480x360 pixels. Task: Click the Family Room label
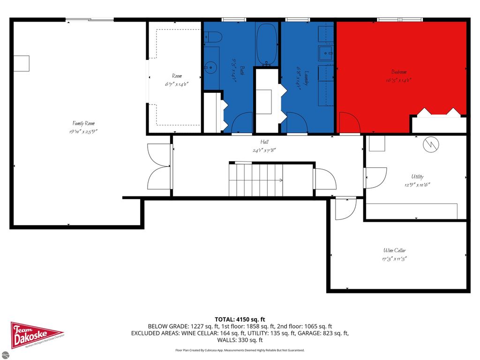[x=80, y=123]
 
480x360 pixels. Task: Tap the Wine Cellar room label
[x=395, y=251]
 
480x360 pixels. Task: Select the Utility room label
[x=417, y=177]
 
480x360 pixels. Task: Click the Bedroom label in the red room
[x=399, y=72]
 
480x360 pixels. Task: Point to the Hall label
[x=265, y=142]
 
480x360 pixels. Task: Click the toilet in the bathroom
[x=213, y=37]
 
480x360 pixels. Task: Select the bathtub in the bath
[x=267, y=45]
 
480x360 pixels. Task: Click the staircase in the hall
[x=255, y=180]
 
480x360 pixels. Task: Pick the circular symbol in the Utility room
[x=431, y=145]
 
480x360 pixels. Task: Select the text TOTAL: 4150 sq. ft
[x=240, y=319]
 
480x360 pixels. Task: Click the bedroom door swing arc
[x=349, y=123]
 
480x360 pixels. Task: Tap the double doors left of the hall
[x=159, y=166]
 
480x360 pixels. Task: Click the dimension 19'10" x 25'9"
[x=80, y=132]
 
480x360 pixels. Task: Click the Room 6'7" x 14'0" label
[x=176, y=80]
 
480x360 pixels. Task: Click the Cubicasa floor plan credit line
[x=240, y=350]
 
